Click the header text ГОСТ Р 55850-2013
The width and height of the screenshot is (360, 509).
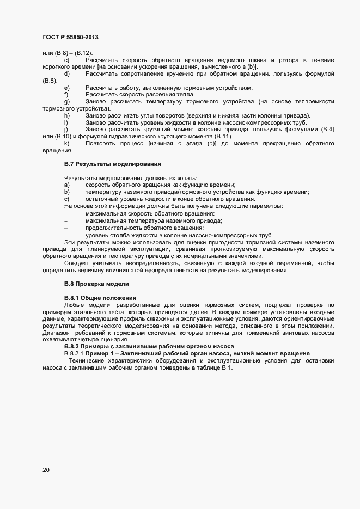tap(70, 37)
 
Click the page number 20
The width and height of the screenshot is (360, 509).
tap(46, 469)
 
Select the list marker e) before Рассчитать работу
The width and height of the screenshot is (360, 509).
tap(66, 88)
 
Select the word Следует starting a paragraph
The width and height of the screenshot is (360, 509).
tap(75, 263)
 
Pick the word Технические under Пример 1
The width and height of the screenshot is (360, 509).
tap(86, 361)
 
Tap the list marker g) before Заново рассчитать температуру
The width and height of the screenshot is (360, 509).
tap(66, 102)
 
